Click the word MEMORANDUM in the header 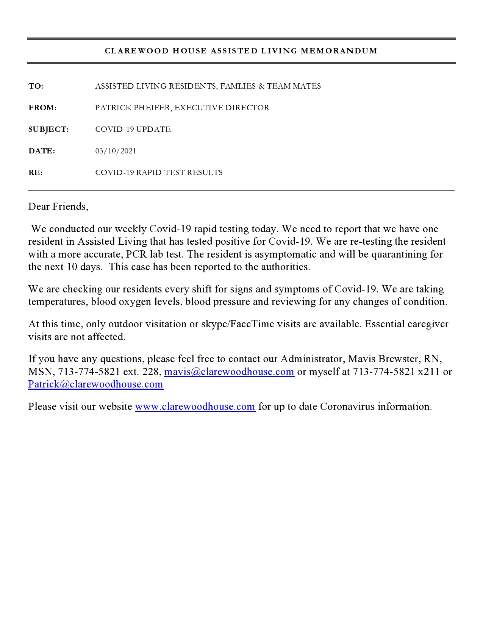tap(339, 51)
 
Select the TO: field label tap(36, 86)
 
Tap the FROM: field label tap(42, 108)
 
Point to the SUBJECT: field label tap(48, 130)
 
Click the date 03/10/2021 tap(116, 151)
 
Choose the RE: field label tap(36, 173)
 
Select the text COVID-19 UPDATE tap(133, 130)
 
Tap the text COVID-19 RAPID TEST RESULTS tap(159, 173)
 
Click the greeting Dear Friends tap(58, 206)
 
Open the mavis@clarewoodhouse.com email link tap(229, 372)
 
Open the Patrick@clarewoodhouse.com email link tap(95, 384)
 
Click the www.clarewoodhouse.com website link tap(195, 406)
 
